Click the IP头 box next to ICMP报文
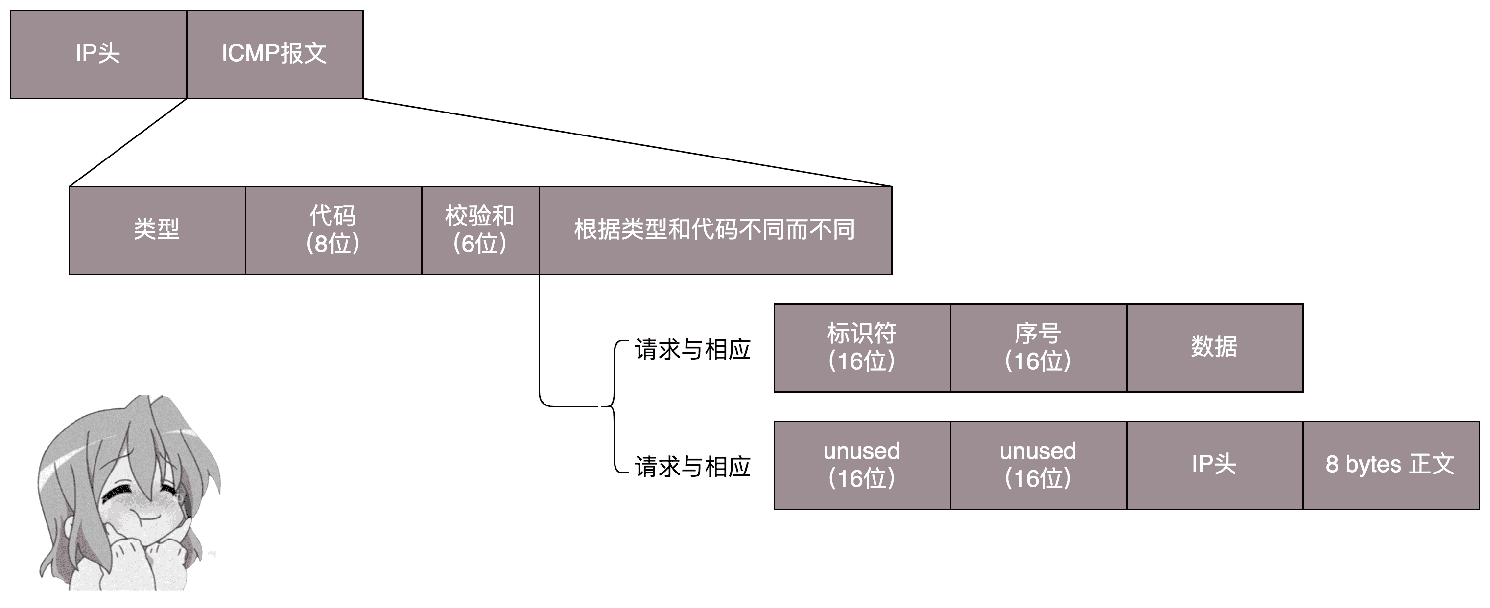98,54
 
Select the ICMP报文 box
275,54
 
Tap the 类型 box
157,230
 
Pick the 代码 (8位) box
334,230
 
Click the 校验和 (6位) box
481,230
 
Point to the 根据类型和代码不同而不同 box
715,230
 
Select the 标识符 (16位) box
862,348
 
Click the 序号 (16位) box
1039,348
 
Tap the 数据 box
1215,348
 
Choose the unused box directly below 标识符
862,465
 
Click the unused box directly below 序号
1039,465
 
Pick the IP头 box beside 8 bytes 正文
1215,465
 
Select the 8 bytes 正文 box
1392,465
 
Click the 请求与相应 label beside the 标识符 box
692,350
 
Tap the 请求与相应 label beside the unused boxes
692,467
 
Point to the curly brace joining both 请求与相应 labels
613,407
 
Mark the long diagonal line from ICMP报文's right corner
628,143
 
